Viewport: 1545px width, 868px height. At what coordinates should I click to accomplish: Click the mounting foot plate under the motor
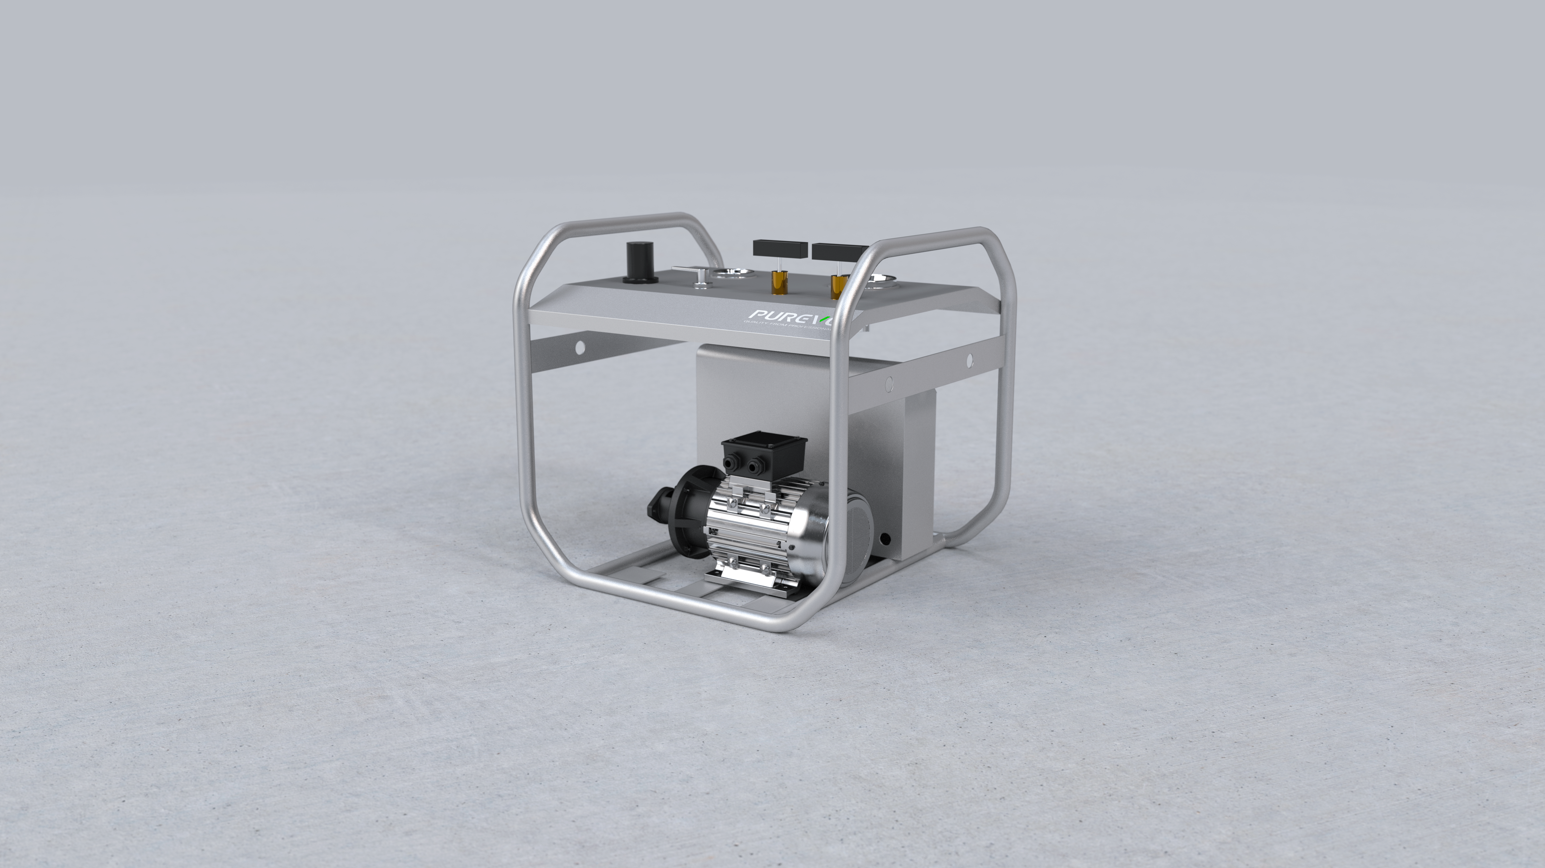(x=744, y=580)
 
